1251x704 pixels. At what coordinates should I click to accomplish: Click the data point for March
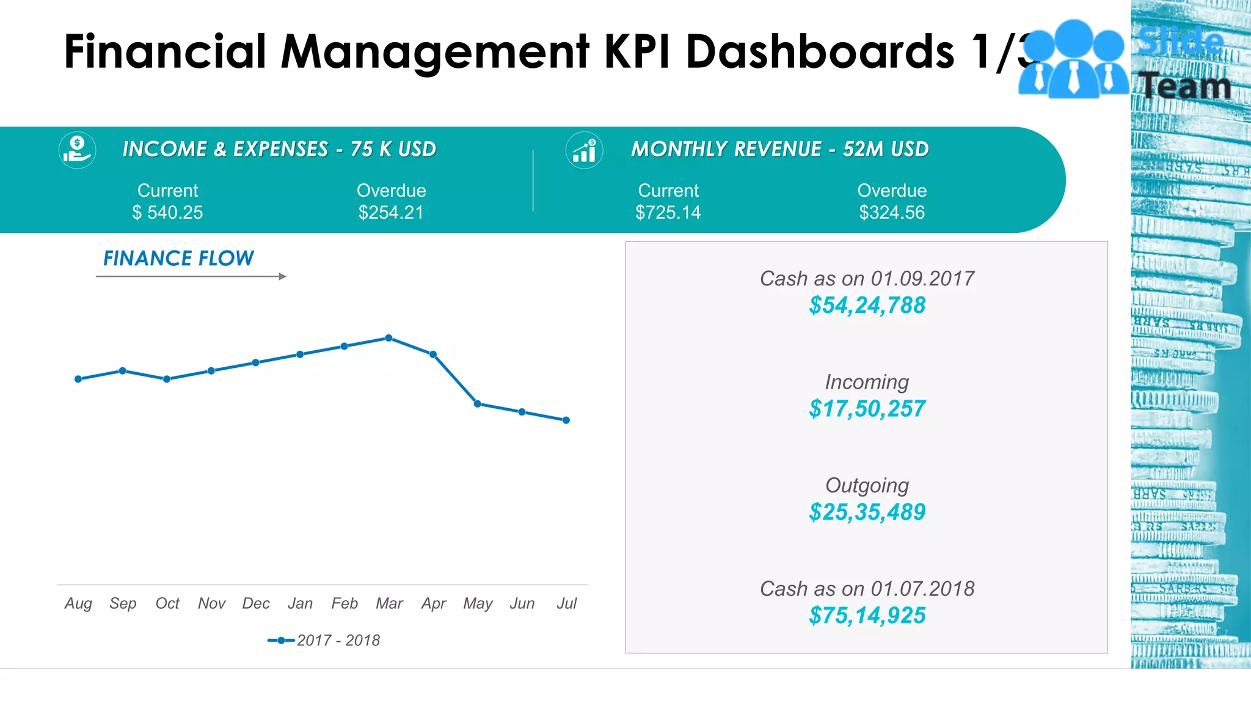(388, 338)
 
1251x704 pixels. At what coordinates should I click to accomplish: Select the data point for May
(478, 404)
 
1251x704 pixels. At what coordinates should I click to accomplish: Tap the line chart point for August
(78, 379)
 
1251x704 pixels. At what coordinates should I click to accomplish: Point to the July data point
(566, 420)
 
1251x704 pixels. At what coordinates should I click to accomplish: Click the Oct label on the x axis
(167, 604)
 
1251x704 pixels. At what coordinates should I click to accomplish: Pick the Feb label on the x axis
(345, 604)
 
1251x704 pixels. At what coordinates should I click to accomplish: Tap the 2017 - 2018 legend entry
(324, 640)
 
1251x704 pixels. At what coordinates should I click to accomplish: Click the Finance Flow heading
(178, 258)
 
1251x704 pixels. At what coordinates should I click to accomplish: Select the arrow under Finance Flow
(191, 277)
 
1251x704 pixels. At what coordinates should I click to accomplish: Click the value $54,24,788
(867, 306)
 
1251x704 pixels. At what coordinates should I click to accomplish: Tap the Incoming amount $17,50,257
(867, 409)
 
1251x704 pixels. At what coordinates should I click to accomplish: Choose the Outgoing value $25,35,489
(867, 512)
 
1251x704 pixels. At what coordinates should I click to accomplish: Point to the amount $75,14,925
(867, 615)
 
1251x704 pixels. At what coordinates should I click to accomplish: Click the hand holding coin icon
(77, 150)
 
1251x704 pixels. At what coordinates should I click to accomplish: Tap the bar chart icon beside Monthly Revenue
(584, 150)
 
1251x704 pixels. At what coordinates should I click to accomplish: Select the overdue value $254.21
(391, 213)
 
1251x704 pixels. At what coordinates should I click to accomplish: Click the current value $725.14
(668, 213)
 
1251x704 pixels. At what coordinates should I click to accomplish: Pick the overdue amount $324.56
(892, 213)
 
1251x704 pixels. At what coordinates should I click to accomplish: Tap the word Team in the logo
(1186, 86)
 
